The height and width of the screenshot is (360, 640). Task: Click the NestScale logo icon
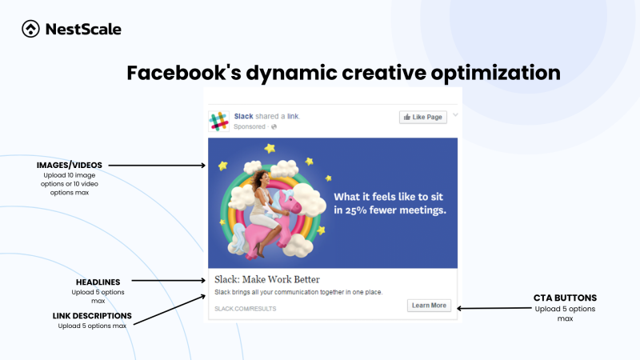point(30,30)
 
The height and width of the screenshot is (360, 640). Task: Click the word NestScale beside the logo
point(84,30)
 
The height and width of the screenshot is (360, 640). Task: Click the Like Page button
point(422,118)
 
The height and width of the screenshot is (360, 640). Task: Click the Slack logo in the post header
point(218,121)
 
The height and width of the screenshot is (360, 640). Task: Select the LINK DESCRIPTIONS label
point(91,315)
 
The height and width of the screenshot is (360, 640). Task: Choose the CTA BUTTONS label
point(565,298)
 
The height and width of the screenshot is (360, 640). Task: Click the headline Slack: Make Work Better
point(267,279)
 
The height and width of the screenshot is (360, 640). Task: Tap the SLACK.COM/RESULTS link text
point(239,307)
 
